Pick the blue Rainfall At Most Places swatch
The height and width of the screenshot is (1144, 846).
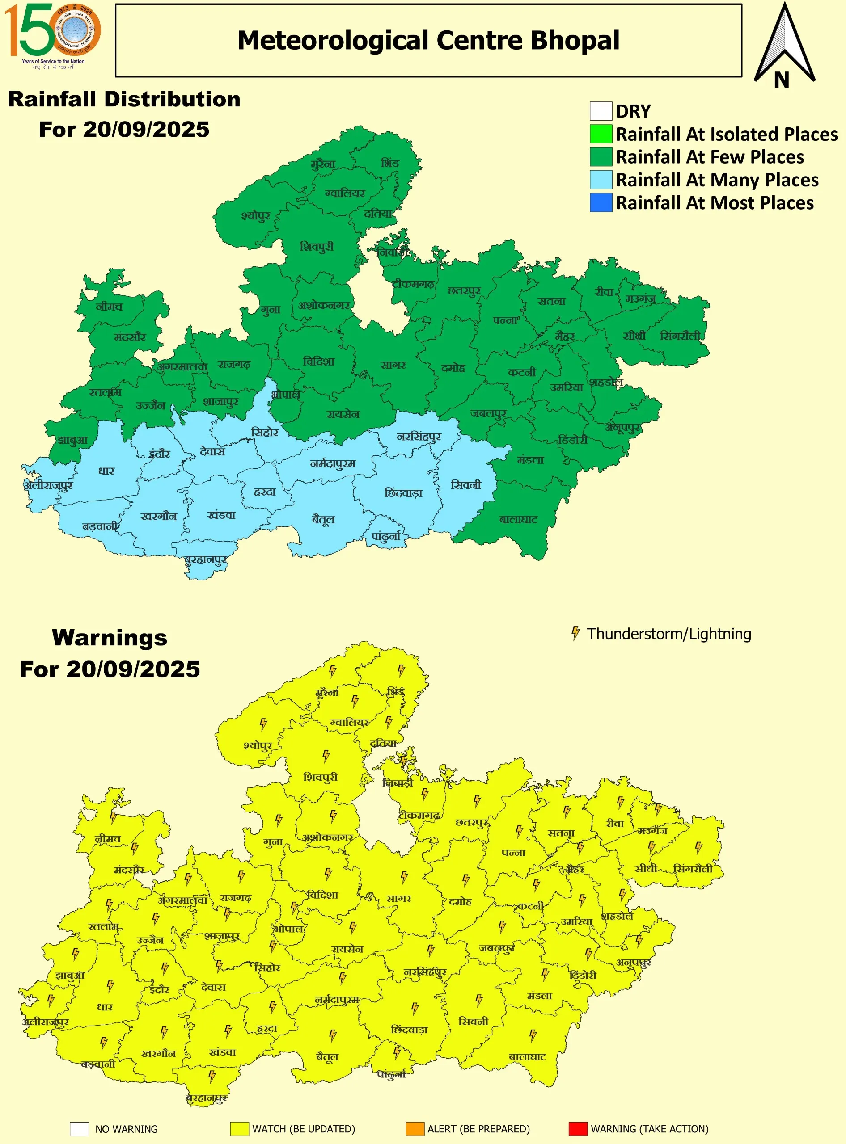[x=601, y=203]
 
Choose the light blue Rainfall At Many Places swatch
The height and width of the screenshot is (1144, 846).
[x=601, y=180]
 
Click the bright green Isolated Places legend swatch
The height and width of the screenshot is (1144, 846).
[x=601, y=134]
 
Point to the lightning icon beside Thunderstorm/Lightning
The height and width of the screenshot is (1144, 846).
[x=575, y=633]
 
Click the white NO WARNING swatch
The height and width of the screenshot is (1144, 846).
[x=80, y=1129]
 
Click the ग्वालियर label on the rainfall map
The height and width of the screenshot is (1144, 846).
[x=345, y=193]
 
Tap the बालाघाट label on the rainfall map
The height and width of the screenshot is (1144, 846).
[x=519, y=520]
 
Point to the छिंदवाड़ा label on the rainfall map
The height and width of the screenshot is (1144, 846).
[x=403, y=493]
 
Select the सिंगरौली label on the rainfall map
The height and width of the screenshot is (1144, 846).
[x=680, y=336]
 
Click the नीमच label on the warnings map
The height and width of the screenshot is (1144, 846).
[x=108, y=839]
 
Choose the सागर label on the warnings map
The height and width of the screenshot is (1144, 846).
[x=398, y=898]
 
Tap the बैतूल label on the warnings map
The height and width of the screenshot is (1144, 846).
[x=327, y=1056]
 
